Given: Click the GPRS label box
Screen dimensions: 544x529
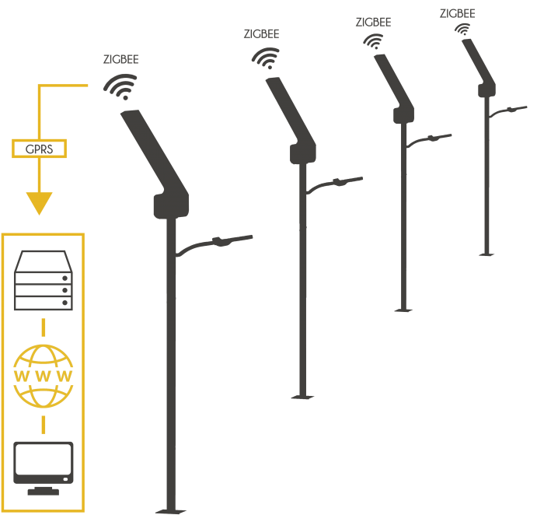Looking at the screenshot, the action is point(39,149).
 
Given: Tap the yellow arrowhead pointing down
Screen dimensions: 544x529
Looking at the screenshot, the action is point(39,203).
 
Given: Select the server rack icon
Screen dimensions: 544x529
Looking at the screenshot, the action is point(44,280).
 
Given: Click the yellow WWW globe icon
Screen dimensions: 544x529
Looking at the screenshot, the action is point(43,376).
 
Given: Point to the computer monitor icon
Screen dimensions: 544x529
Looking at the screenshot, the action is point(44,468).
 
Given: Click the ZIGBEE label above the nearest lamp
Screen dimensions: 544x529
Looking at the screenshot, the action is point(120,59).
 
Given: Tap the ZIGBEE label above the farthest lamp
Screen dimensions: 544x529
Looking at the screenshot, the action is point(457,13).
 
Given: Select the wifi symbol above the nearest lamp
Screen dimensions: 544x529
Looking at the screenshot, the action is point(120,87).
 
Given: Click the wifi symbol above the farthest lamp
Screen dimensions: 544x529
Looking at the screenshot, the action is point(462,29).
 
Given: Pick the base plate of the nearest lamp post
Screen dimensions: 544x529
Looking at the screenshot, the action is point(171,511).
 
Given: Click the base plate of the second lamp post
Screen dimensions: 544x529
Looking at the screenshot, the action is point(302,397).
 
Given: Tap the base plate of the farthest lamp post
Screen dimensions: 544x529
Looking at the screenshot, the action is point(486,254).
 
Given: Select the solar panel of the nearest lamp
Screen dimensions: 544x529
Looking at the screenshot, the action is point(155,152).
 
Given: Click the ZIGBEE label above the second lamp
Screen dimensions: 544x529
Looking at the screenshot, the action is point(261,34).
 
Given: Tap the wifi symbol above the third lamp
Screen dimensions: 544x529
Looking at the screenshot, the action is point(373,41).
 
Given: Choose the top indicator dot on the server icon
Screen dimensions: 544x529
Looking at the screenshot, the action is point(65,279).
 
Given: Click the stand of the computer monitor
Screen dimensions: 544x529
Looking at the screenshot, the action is point(44,491).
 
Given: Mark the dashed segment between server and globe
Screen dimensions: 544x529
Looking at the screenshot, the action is point(43,328).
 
